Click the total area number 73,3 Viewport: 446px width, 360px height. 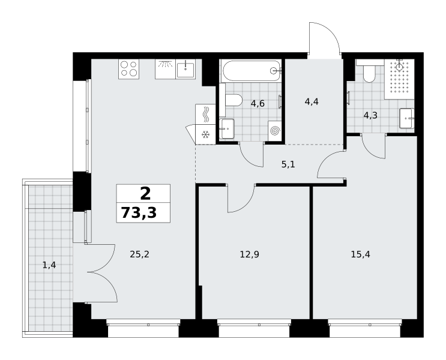[x=139, y=213]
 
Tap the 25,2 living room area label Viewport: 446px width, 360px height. [x=139, y=254]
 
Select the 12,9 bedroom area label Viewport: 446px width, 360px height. [x=250, y=254]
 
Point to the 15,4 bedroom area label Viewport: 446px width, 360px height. [x=360, y=254]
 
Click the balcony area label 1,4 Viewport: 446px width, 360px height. [x=49, y=265]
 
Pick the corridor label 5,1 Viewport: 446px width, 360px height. [x=288, y=164]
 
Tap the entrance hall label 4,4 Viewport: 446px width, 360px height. [x=312, y=101]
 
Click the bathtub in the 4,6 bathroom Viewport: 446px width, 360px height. [x=251, y=71]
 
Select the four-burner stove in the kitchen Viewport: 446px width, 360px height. [x=129, y=69]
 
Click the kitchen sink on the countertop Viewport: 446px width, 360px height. [x=185, y=69]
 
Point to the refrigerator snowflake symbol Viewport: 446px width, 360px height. [x=205, y=134]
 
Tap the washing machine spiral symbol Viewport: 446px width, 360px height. [x=275, y=131]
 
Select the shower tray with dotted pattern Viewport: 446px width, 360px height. [x=399, y=79]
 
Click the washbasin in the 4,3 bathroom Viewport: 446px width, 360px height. [x=406, y=118]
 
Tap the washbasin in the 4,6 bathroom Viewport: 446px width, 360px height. [x=227, y=128]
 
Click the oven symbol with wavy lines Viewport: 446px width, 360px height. [x=205, y=115]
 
